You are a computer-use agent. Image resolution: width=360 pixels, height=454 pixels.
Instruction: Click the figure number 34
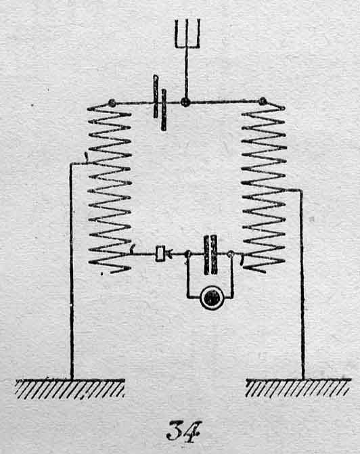pyautogui.click(x=183, y=432)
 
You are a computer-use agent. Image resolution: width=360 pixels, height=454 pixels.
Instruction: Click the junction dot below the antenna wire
pyautogui.click(x=185, y=102)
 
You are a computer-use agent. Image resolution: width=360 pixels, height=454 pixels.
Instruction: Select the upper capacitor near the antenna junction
pyautogui.click(x=160, y=103)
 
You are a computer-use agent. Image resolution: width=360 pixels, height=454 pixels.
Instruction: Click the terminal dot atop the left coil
pyautogui.click(x=112, y=103)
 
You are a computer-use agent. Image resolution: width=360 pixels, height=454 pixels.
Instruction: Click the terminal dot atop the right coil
pyautogui.click(x=263, y=101)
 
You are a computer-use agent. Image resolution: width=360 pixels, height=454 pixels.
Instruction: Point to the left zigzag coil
pyautogui.click(x=110, y=188)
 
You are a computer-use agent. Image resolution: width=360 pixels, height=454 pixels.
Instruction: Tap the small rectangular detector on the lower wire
pyautogui.click(x=160, y=254)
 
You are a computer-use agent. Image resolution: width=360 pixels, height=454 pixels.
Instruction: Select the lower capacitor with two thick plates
pyautogui.click(x=210, y=255)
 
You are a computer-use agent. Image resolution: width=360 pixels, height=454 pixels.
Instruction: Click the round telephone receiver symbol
pyautogui.click(x=212, y=298)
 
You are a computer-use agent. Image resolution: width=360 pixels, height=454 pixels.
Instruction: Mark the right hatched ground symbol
pyautogui.click(x=298, y=388)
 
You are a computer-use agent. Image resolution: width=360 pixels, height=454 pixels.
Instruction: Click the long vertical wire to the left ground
pyautogui.click(x=72, y=271)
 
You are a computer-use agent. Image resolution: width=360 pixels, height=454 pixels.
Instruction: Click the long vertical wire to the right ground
pyautogui.click(x=302, y=284)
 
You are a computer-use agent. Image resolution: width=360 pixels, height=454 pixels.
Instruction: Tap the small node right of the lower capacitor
pyautogui.click(x=231, y=254)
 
